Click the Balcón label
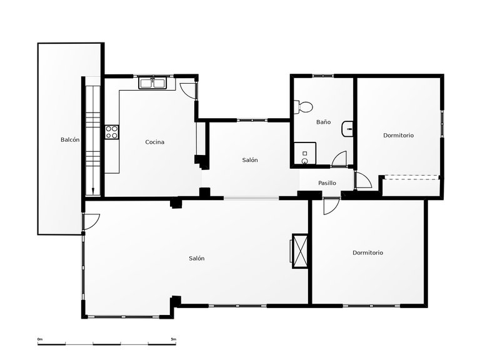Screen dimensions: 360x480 [x=70, y=140]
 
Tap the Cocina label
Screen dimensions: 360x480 [x=155, y=142]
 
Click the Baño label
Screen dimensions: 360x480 [x=323, y=122]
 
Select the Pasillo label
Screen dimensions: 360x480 [x=327, y=183]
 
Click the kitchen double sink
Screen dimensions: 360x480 [x=152, y=82]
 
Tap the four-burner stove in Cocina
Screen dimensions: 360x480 [x=112, y=132]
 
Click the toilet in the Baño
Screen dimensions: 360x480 [x=303, y=107]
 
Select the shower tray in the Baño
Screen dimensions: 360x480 [x=305, y=154]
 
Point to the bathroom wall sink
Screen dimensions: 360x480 [x=348, y=130]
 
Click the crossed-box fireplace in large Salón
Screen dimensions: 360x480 [x=301, y=251]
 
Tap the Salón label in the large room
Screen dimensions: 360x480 [x=197, y=258]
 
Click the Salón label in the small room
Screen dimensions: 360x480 [x=250, y=160]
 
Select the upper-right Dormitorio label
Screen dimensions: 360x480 [x=398, y=135]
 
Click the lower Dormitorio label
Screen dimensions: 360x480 [x=367, y=252]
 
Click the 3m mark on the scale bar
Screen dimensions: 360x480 [x=174, y=339]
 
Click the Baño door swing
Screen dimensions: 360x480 [x=340, y=159]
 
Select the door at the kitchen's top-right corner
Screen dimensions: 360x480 [x=187, y=89]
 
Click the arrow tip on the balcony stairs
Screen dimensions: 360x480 [x=92, y=193]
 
